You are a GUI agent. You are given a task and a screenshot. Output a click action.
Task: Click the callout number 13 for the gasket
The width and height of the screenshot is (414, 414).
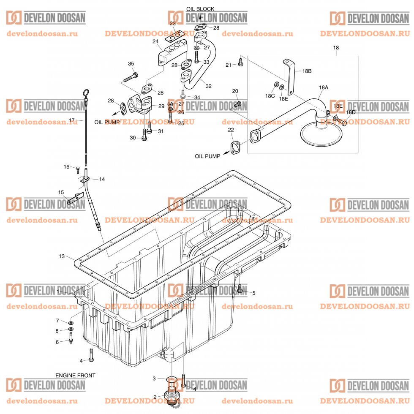point(62,256)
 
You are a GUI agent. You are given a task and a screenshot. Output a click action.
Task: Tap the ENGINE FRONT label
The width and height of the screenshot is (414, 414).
point(75,375)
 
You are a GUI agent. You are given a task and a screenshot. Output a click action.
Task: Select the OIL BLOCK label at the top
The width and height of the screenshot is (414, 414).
point(200,8)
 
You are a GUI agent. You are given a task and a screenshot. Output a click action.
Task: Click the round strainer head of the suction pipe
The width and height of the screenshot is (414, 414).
point(321,134)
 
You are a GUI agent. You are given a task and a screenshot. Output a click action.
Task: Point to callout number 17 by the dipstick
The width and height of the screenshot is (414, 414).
point(72,120)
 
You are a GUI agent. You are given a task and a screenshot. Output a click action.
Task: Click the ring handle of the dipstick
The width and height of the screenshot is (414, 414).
point(86,93)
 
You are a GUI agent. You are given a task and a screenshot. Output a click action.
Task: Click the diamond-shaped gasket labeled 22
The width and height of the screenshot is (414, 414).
point(235,147)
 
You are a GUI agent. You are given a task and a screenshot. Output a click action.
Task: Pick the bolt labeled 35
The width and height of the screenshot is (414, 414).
point(131,77)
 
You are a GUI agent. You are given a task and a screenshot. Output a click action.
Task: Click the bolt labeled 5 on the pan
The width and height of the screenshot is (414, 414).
point(240,289)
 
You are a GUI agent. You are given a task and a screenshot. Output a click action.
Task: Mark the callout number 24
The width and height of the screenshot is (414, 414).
point(155,41)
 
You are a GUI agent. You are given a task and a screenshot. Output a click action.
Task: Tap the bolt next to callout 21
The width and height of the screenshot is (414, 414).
point(240,63)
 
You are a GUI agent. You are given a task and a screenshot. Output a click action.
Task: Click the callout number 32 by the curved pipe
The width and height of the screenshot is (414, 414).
point(208,86)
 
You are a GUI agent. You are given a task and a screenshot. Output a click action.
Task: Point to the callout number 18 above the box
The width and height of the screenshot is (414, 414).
point(336,48)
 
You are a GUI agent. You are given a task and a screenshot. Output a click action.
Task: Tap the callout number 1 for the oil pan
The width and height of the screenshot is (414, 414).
point(58,292)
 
